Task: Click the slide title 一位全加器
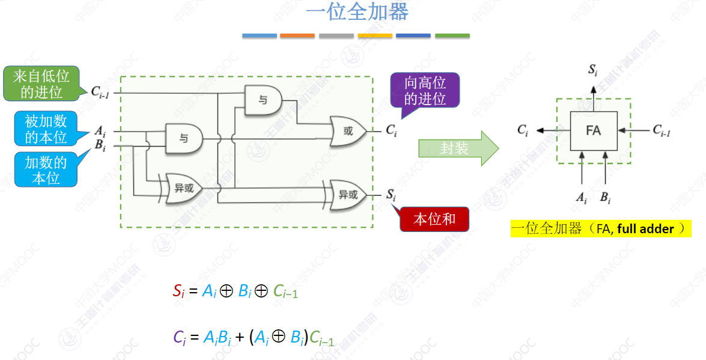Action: click(357, 11)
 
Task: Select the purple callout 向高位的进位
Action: click(425, 91)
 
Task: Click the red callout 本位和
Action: click(434, 219)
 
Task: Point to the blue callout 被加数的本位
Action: click(46, 129)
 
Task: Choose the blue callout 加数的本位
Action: click(46, 170)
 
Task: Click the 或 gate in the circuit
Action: click(348, 131)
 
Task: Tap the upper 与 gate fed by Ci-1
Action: click(263, 100)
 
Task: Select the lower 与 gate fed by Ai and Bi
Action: click(184, 138)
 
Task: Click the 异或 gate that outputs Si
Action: click(347, 195)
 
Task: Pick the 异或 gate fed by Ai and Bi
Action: click(183, 188)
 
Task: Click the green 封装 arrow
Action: click(458, 148)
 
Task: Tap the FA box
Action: click(594, 130)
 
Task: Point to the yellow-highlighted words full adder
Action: click(645, 229)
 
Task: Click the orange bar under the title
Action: click(297, 35)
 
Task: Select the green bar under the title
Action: click(452, 35)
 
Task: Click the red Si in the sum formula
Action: click(178, 291)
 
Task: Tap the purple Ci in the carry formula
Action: click(179, 338)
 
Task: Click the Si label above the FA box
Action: click(592, 70)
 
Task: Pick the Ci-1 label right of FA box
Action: click(662, 130)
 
